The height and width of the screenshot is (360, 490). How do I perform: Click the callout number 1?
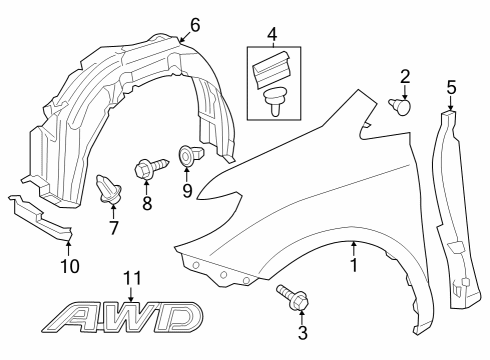[352, 267]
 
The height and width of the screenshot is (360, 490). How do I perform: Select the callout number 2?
[405, 76]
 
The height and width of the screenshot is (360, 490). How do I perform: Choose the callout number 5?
[451, 88]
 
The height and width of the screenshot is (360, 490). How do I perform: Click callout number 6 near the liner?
[194, 23]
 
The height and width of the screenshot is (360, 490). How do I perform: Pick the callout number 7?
[113, 227]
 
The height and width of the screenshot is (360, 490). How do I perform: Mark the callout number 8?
[146, 203]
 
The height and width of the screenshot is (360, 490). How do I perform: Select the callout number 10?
[68, 267]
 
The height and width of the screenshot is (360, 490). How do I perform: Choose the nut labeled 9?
[187, 155]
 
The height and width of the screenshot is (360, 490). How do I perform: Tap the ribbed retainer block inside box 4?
[272, 68]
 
